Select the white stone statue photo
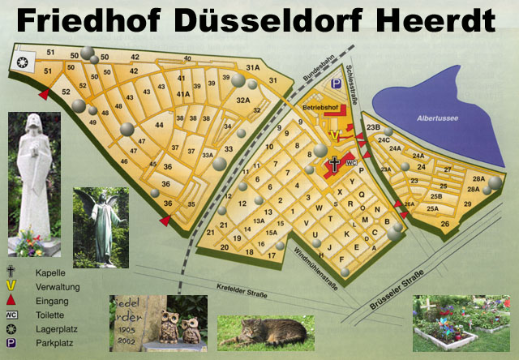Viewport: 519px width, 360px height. tap(33, 182)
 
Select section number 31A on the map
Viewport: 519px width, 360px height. tap(252, 67)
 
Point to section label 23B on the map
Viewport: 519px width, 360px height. tap(373, 126)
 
